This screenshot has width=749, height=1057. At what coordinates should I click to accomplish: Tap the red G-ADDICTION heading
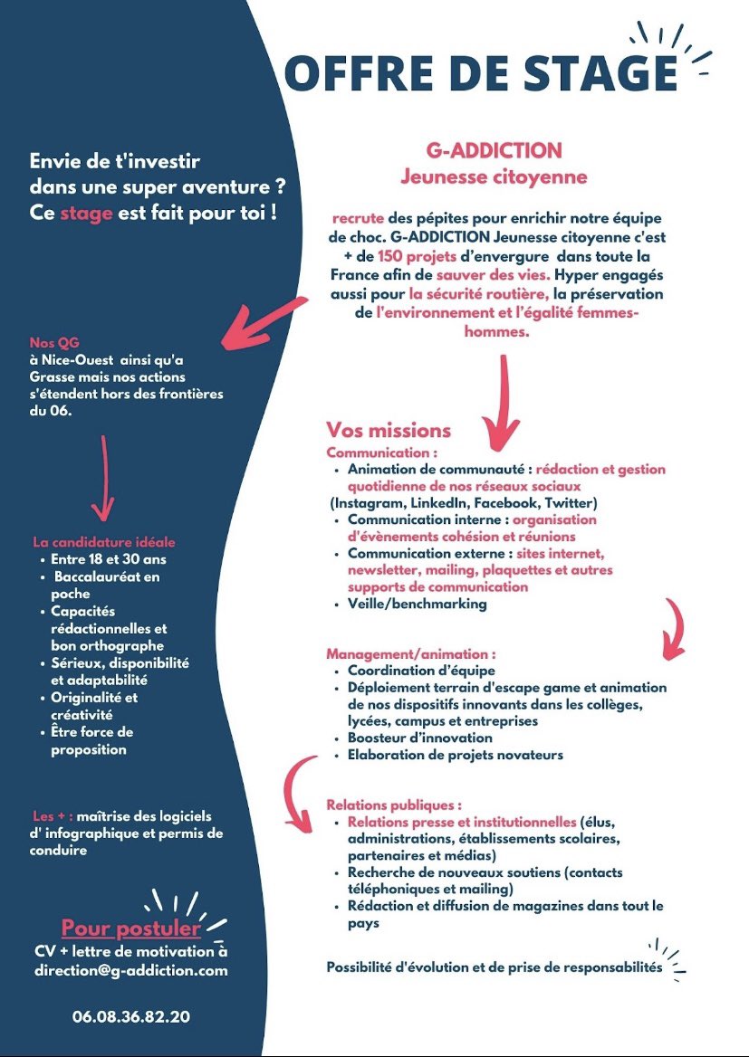point(495,150)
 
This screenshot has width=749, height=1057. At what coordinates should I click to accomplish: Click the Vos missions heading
point(389,430)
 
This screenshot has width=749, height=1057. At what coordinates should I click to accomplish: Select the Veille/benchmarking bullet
point(417,604)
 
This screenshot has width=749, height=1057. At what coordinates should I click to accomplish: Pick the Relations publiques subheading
point(394,805)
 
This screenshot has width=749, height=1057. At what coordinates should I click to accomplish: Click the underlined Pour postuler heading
point(131,928)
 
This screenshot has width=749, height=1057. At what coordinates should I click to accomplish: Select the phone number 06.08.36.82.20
point(131,1016)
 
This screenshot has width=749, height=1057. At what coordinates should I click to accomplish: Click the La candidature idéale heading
point(104,542)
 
